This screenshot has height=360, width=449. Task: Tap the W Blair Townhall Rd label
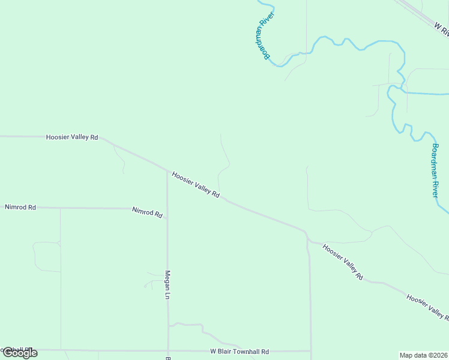tap(240, 352)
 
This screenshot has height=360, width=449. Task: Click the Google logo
tap(19, 353)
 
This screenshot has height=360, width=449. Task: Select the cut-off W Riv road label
tap(441, 27)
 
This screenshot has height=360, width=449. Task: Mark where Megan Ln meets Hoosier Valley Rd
tap(167, 170)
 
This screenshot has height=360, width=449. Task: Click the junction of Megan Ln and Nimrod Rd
tap(167, 209)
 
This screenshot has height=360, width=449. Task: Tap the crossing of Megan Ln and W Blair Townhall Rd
tap(167, 350)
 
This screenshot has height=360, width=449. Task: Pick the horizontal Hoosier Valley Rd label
tap(72, 137)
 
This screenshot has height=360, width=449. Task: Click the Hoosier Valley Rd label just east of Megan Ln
tap(196, 185)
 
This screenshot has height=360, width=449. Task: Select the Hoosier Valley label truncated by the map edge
tap(427, 305)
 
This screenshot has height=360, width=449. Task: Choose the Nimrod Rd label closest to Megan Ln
tap(148, 212)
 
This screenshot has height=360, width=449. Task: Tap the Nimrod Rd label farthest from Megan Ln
tap(20, 207)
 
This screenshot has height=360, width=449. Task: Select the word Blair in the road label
tap(225, 352)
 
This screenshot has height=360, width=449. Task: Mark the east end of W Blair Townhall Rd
tap(311, 351)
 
